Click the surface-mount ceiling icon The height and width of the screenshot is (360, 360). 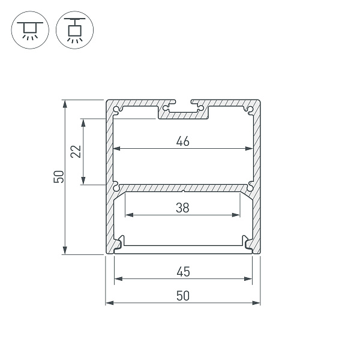click(x=30, y=30)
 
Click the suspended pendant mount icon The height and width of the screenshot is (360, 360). click(x=74, y=30)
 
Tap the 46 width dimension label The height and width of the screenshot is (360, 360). click(x=183, y=141)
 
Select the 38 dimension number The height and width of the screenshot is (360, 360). click(x=183, y=208)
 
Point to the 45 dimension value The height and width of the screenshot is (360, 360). click(x=184, y=272)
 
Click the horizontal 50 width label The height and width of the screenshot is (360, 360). click(x=183, y=296)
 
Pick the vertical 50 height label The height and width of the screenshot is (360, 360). click(x=58, y=176)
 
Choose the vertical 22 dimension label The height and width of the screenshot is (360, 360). click(x=76, y=152)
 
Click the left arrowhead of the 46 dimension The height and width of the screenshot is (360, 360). click(x=118, y=149)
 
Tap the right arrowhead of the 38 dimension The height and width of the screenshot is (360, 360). click(x=236, y=215)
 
